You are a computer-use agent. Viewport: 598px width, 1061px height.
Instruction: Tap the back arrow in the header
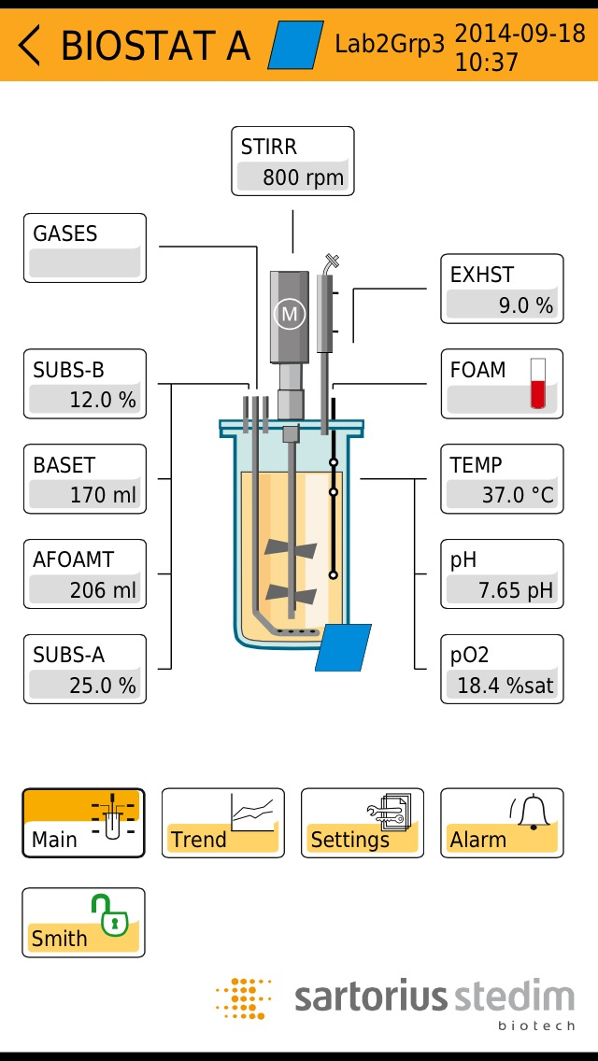pyautogui.click(x=30, y=45)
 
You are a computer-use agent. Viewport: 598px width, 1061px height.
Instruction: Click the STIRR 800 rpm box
pyautogui.click(x=292, y=162)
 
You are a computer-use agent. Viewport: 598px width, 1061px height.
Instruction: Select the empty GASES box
pyautogui.click(x=85, y=248)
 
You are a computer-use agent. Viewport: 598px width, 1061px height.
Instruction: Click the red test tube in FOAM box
pyautogui.click(x=537, y=384)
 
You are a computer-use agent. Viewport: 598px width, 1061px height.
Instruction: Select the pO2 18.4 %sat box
pyautogui.click(x=503, y=670)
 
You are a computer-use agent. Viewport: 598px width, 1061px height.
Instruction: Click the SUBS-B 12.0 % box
pyautogui.click(x=85, y=384)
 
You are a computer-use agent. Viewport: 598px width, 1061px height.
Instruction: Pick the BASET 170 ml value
pyautogui.click(x=85, y=495)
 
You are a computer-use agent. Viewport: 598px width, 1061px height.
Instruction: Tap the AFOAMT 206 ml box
pyautogui.click(x=85, y=574)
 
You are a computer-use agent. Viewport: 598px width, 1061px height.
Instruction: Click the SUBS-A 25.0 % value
pyautogui.click(x=85, y=686)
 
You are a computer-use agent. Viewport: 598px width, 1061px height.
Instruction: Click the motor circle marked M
pyautogui.click(x=290, y=315)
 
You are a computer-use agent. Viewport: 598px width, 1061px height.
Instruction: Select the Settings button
pyautogui.click(x=363, y=823)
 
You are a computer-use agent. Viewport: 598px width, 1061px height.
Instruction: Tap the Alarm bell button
pyautogui.click(x=502, y=823)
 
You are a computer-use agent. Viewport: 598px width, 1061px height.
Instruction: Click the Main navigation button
pyautogui.click(x=84, y=823)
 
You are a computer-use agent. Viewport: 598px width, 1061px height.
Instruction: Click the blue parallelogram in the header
pyautogui.click(x=296, y=45)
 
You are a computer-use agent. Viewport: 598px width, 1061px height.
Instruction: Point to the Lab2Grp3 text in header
pyautogui.click(x=390, y=45)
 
